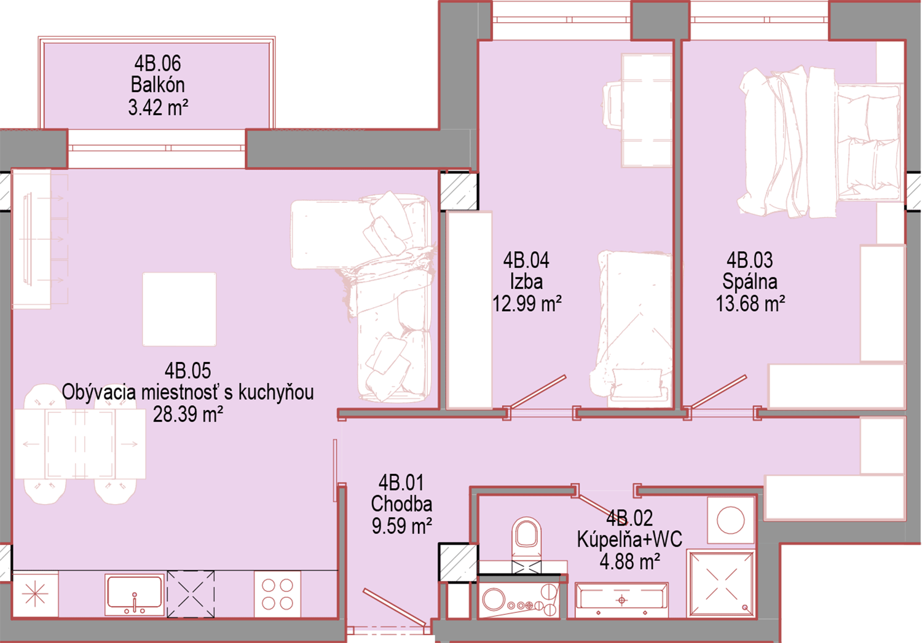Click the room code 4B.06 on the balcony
157,63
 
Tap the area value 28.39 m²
188,414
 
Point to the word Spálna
750,282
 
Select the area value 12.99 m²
527,304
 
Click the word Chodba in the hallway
401,503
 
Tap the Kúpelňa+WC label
629,539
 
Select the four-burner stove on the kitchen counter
277,594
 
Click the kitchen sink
134,594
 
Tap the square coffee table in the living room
179,309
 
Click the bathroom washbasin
621,601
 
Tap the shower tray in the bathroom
722,584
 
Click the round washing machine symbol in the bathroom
731,520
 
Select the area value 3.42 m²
158,108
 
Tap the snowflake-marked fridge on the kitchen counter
35,594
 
